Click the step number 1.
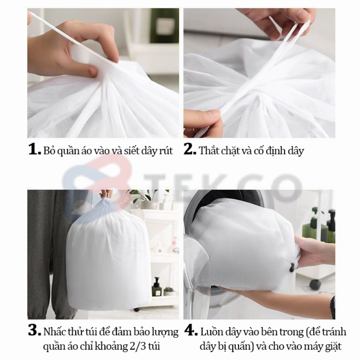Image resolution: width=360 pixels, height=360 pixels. pos(34,150)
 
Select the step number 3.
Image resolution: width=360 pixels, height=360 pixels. pos(34,331)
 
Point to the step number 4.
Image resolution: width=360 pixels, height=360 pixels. pos(191,331)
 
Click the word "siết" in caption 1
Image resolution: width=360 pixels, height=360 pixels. pos(132,151)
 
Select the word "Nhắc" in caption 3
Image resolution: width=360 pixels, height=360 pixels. pos(55,332)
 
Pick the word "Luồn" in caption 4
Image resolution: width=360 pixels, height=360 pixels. pos(211,332)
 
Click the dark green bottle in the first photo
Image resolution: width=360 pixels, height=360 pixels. pos(165,26)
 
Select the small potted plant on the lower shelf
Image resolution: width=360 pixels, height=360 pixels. pos(169,291)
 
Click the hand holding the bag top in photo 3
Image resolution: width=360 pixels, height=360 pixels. pos(106,193)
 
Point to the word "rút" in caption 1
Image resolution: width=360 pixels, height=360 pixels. pos(166,151)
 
